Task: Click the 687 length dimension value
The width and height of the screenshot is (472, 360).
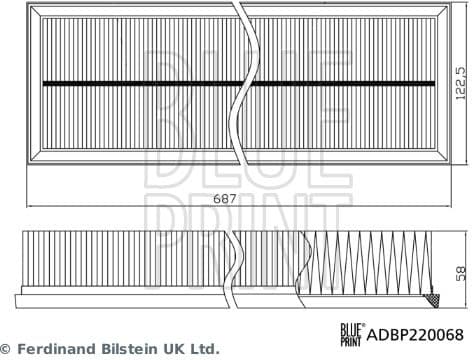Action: point(227,199)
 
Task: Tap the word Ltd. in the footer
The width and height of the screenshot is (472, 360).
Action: point(203,349)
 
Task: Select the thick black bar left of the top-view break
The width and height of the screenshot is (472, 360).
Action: point(134,82)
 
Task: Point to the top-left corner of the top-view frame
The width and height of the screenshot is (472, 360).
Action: point(28,7)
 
